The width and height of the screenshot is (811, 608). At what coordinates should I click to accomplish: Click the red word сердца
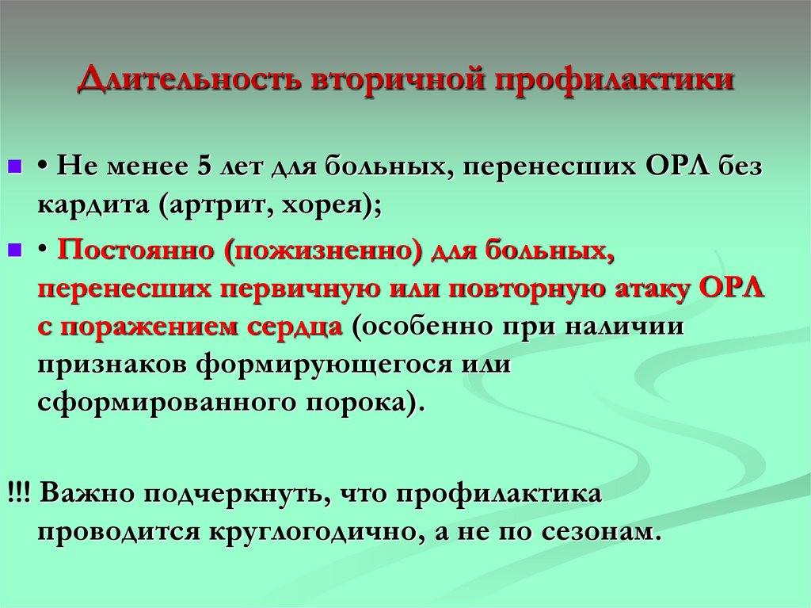[x=297, y=327]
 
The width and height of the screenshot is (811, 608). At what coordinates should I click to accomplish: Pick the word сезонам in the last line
[x=597, y=531]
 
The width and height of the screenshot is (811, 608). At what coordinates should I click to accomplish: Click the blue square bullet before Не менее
[x=13, y=169]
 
